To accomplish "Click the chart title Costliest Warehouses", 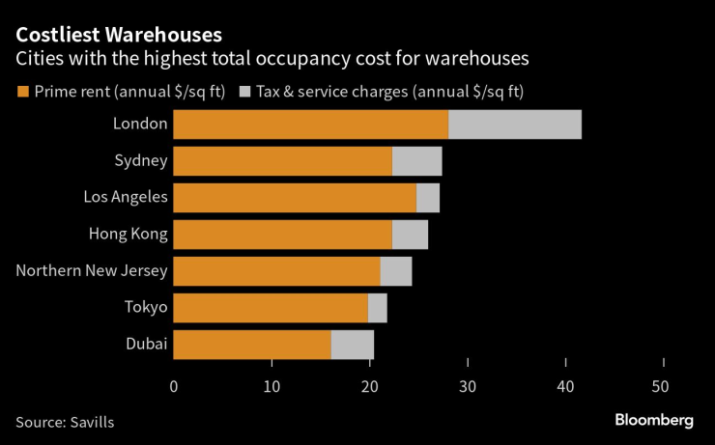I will coord(119,35).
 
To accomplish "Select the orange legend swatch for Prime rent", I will coord(22,92).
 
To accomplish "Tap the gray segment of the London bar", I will coord(515,125).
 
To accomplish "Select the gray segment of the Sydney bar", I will coord(417,161).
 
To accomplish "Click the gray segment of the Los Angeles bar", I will coord(428,198).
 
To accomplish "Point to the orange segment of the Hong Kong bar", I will coord(283,235).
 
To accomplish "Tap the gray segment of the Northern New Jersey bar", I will coord(396,271).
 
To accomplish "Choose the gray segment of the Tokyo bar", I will coord(378,308).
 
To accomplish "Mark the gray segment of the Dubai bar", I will coord(353,345).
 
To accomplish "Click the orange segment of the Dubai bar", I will coord(252,345).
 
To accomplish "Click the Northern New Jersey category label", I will coord(92,271).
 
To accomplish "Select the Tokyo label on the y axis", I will coord(145,308).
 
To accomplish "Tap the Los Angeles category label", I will coord(126,198).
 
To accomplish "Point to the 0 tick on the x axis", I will coord(174,387).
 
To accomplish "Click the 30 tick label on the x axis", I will coord(468,387).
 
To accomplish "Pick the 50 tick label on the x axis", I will coord(663,387).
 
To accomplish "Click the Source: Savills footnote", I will coord(71,422).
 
